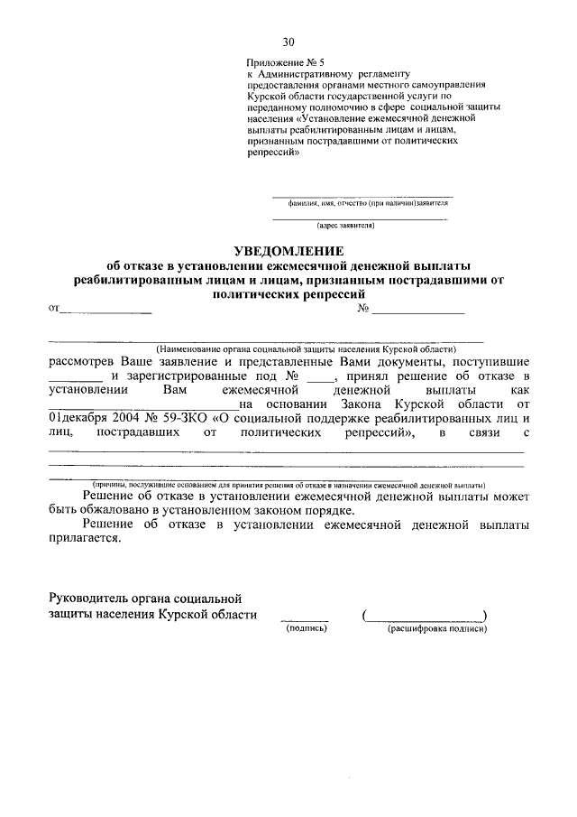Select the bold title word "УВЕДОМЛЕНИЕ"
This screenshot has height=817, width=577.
coord(288,249)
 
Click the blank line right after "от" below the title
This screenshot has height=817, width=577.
coord(105,311)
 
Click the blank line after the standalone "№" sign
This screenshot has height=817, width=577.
coord(418,311)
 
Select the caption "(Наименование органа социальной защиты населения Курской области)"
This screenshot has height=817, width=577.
coord(306,348)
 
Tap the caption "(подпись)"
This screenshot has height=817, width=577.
coord(305,628)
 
